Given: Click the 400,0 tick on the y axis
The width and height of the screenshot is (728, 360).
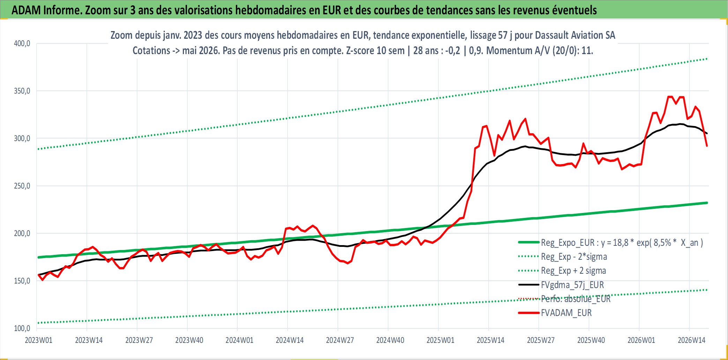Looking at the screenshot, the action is point(22,44).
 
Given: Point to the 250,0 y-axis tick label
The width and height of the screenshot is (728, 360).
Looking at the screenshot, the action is point(22,186).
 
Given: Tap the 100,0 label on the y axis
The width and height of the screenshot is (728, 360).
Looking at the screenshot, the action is point(22,329).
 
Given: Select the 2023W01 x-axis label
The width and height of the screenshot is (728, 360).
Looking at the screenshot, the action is point(38,340).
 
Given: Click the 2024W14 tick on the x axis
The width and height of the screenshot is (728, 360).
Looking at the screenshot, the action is point(290,340).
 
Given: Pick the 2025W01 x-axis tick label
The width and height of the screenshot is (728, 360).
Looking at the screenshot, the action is point(440,340).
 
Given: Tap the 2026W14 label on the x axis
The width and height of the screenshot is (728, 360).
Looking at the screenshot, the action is point(692,340).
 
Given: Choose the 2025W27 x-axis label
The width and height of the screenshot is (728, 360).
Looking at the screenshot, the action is point(541,340).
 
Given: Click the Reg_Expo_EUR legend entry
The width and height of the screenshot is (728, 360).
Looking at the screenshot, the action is point(611,243).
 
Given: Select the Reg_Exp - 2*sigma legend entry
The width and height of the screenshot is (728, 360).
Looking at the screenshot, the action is point(563,257).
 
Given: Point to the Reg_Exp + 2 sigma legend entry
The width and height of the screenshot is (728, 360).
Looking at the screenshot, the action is point(562,271).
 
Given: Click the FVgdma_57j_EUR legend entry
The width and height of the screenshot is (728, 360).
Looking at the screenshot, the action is point(561,285).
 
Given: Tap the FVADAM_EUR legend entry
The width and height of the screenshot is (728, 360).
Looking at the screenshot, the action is point(555,313).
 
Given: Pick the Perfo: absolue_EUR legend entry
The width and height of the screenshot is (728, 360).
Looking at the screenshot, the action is point(565,299).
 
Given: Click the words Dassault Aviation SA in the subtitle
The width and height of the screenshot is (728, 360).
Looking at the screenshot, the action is point(575,35).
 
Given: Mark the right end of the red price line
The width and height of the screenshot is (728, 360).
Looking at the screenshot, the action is point(707,146).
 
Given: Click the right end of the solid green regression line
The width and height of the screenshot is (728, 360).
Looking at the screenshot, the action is point(707,203).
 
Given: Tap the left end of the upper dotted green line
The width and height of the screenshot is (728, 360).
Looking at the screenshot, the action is point(38,149).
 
